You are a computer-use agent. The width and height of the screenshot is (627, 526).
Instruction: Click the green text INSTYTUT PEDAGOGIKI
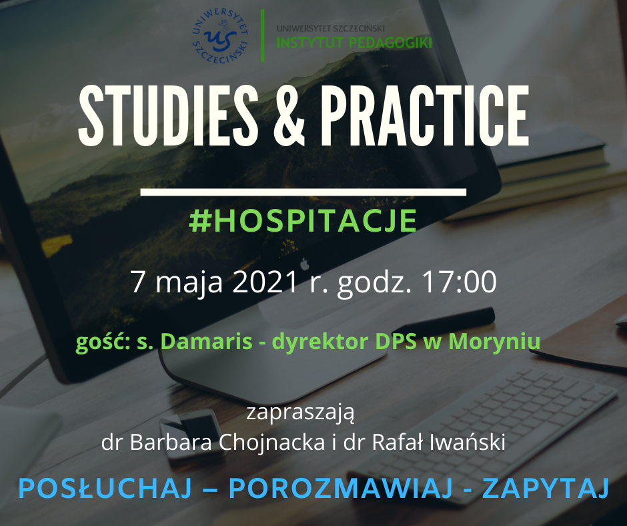pos(354,43)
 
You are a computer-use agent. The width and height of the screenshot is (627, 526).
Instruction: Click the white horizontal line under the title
pos(304,192)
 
